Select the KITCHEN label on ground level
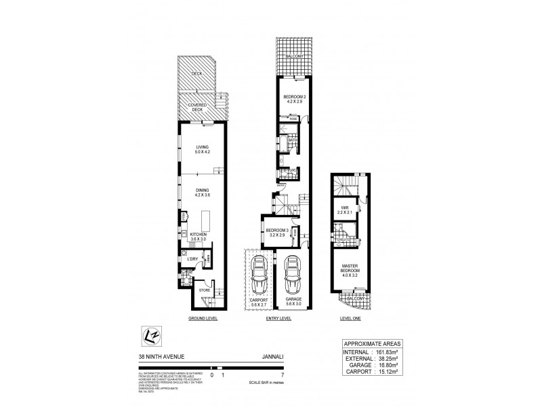tap(198, 235)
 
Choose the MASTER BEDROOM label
tap(350, 270)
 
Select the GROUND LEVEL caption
tap(203, 317)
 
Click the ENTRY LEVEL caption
tap(279, 317)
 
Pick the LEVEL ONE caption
tap(350, 317)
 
